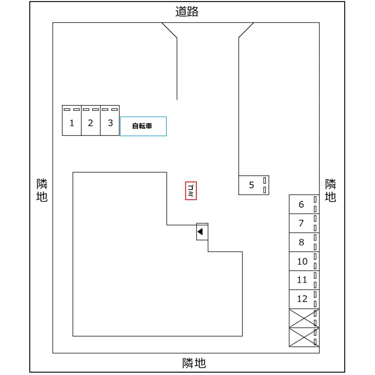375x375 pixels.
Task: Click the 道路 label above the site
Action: point(187,12)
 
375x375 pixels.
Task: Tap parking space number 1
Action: point(72,123)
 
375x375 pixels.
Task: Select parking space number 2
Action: point(90,123)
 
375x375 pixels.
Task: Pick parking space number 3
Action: point(110,123)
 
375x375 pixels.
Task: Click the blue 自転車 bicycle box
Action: point(143,126)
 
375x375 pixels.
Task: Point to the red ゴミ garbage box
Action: point(191,191)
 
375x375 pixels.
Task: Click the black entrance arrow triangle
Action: point(200,231)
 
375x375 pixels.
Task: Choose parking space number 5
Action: point(252,185)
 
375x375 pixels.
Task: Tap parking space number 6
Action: point(301,204)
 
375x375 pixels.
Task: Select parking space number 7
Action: point(301,223)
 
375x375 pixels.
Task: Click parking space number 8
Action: point(301,242)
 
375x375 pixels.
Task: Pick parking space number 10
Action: point(302,261)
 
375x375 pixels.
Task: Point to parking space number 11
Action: point(302,280)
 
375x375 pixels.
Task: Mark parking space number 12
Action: point(302,299)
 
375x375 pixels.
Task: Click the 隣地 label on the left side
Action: point(42,190)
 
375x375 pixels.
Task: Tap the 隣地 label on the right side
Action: point(331,190)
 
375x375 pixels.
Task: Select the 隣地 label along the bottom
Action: point(194,363)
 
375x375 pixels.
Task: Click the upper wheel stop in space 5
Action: point(265,181)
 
